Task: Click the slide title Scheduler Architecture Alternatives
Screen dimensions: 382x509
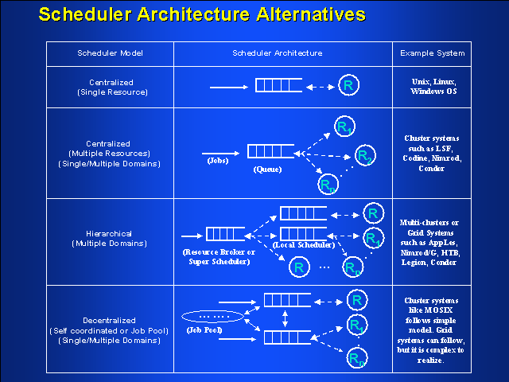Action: (203, 14)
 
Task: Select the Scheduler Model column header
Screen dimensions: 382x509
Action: (109, 53)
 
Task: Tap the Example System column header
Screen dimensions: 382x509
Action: (433, 53)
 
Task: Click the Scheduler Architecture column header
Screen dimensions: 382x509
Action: (278, 53)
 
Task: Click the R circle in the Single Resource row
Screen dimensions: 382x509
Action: (348, 85)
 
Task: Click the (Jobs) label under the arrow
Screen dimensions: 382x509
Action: (217, 161)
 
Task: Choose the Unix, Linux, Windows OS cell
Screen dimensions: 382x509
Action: (433, 86)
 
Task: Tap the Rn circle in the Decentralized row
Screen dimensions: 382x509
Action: (356, 360)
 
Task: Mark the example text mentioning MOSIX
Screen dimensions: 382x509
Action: (433, 329)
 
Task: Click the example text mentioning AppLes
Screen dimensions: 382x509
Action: (433, 240)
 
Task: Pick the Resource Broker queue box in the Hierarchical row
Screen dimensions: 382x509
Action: (223, 235)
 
